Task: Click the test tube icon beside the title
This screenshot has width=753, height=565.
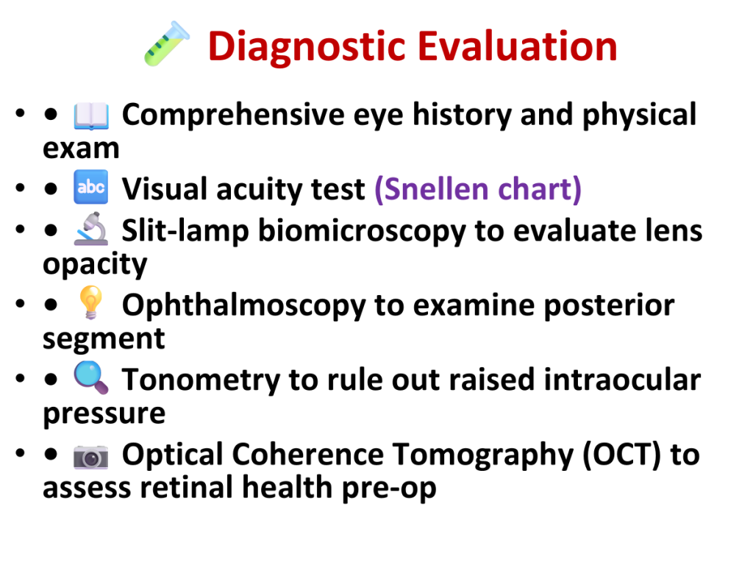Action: pos(167,43)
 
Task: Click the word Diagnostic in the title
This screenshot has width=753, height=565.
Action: pos(308,47)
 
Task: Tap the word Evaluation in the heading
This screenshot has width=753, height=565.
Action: pos(518,46)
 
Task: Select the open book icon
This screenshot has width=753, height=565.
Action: pos(90,116)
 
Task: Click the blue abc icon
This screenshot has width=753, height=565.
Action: pos(90,187)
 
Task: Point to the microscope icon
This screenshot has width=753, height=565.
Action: pos(91,230)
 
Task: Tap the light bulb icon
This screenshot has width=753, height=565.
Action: pos(90,302)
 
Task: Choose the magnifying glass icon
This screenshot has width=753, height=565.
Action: pos(90,377)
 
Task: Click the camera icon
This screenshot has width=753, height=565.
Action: pos(90,456)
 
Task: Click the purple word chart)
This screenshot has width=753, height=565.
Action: pos(540,189)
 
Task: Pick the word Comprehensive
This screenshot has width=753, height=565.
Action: pos(233,116)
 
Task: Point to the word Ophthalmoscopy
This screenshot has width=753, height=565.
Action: pos(244,305)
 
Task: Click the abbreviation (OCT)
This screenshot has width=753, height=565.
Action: pos(622,455)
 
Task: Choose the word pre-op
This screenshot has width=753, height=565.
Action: pos(389,489)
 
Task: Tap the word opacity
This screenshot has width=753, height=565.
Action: pos(95,265)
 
